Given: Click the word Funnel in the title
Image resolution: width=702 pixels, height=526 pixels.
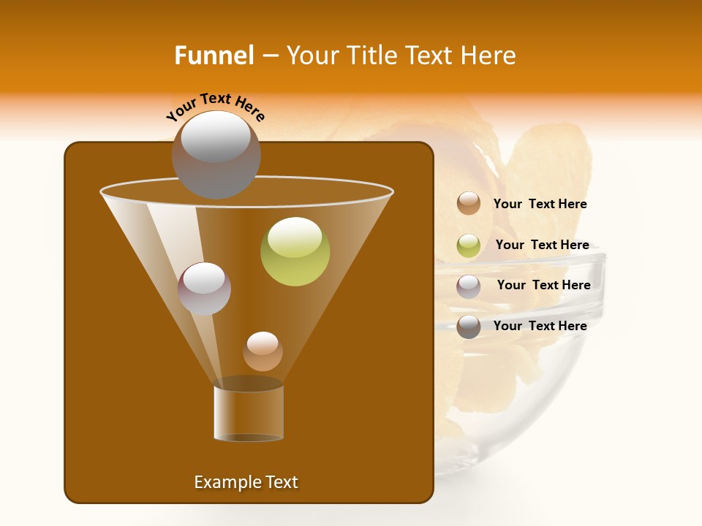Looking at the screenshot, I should pos(214,56).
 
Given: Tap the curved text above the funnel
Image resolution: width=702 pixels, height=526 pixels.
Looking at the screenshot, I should pos(216,107).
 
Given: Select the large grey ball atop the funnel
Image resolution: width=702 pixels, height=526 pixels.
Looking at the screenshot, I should pos(216,154).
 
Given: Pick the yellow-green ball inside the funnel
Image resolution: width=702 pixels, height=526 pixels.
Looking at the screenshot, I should pos(295,251).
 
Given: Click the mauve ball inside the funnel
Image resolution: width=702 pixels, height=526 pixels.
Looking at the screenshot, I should pos(205,289).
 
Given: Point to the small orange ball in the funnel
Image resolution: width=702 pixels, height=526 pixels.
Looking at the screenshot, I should pos(263,351).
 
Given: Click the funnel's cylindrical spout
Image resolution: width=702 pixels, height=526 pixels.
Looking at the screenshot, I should pos(249,413).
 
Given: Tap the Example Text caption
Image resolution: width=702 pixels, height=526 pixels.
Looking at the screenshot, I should pos(246,482).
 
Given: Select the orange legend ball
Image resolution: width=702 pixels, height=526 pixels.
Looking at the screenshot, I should pos(469,204).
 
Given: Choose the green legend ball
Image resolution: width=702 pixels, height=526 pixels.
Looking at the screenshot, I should pos(469,245).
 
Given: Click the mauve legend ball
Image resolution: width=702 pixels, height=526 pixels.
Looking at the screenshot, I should pos(469,286).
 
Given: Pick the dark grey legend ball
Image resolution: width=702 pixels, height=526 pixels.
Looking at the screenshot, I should pos(469,327).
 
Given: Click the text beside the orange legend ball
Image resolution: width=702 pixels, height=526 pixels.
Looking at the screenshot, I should pos(540,205).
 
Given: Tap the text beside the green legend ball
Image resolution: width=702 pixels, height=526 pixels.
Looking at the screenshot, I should pos(542,245).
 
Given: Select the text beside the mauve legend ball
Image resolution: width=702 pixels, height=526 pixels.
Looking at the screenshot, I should pos(543,286).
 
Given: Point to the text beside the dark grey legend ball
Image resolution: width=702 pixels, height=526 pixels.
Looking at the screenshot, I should pos(540,326).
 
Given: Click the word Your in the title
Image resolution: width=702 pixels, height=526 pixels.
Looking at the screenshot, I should pos(312,56).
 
